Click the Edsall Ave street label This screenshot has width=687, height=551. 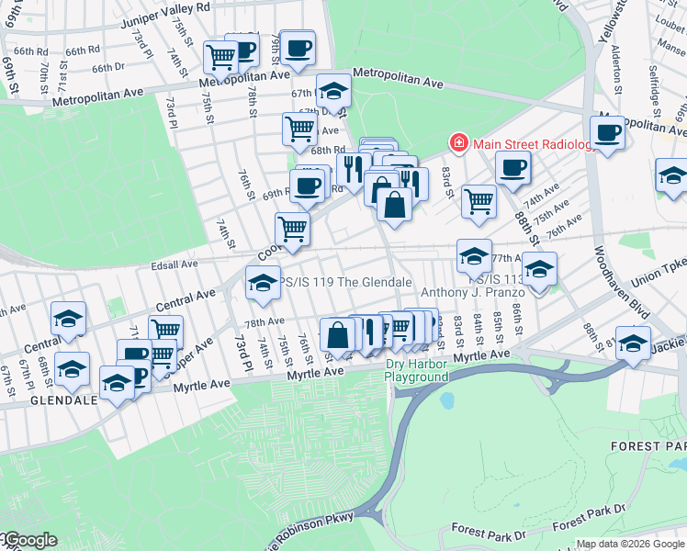[175, 264]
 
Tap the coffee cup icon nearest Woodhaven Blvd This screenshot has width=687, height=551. [607, 131]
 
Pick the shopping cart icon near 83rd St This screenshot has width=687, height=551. [478, 199]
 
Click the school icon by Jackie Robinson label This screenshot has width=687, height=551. [633, 342]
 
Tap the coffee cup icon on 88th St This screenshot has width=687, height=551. [512, 167]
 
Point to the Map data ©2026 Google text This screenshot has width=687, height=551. [630, 544]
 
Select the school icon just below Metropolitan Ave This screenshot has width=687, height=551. [333, 90]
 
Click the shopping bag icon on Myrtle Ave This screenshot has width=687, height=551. [337, 334]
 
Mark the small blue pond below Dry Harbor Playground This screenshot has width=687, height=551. [447, 401]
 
